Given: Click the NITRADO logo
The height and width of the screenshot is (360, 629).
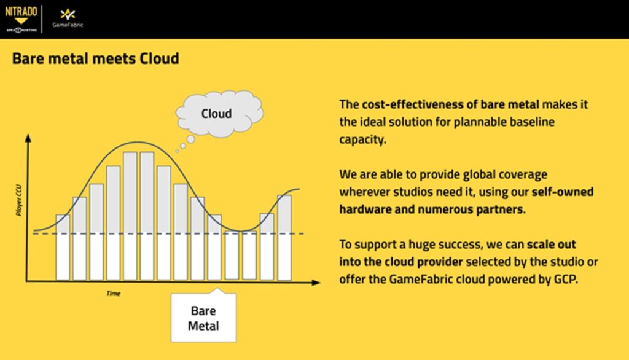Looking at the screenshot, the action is point(21,18).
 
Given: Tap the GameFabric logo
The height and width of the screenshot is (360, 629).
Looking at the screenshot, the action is point(68,18).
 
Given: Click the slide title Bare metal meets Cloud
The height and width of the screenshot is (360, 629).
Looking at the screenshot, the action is point(95,58).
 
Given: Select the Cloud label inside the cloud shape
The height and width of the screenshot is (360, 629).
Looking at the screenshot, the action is point(216,114).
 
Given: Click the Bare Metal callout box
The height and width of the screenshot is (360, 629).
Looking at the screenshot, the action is point(203,317).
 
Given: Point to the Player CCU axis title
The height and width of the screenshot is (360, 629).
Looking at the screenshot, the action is point(19,200).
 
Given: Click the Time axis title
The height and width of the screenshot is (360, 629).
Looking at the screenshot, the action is point(113,294).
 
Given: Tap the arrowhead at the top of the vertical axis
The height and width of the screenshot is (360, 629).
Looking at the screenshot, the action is point(28,138).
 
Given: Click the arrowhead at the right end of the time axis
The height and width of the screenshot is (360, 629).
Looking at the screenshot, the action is point(316,282).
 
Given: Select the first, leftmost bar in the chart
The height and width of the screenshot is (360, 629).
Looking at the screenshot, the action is point(63,247).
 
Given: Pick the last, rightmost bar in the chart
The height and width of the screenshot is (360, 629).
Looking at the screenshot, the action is point(284,238).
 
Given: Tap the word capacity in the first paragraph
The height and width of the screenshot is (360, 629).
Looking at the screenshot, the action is point(362,139).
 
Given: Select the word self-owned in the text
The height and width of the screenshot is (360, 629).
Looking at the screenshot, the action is point(563,192).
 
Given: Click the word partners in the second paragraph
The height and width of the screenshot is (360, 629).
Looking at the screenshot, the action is point(500,209).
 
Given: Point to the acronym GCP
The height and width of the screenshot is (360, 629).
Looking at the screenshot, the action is point(566,279).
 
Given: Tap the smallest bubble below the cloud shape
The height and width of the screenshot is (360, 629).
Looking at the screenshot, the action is point(177,151).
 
